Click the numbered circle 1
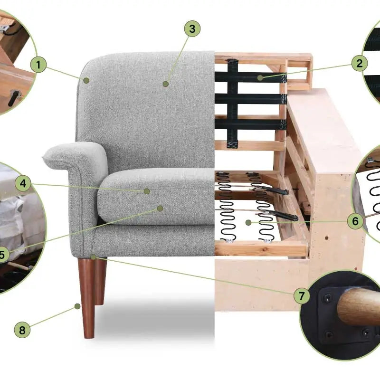[x=38, y=65]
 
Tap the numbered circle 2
[x=360, y=64]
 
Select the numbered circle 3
[x=192, y=28]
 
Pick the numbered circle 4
[x=23, y=183]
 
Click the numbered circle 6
[x=355, y=221]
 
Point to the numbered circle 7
[x=302, y=295]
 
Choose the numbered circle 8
[x=22, y=330]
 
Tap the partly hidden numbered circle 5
[x=2, y=254]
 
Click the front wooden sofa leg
[x=87, y=298]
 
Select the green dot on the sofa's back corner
[x=86, y=80]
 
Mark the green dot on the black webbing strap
[x=260, y=78]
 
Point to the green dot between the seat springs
[x=248, y=222]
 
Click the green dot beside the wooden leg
[x=77, y=306]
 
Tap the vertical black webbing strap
[x=232, y=104]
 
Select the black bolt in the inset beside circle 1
[x=14, y=98]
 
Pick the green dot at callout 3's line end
[x=166, y=84]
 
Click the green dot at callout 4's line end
[x=147, y=191]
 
